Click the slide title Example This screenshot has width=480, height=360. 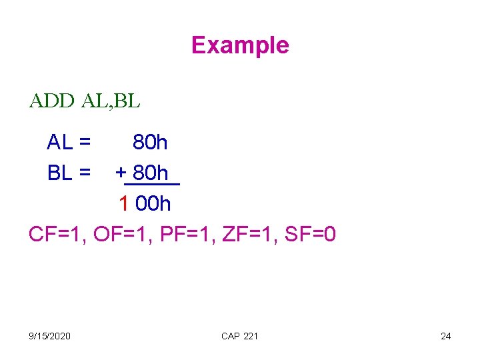click(x=240, y=45)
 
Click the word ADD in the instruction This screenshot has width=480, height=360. click(x=52, y=101)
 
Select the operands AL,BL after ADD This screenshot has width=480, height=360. click(x=111, y=101)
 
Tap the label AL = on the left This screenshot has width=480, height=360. click(x=69, y=142)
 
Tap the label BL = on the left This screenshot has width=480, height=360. click(x=69, y=173)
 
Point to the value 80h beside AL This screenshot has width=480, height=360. click(x=150, y=142)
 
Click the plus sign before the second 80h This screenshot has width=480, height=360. click(x=121, y=173)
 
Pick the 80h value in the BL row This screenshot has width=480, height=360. click(x=150, y=173)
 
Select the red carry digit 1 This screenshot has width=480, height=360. click(x=123, y=203)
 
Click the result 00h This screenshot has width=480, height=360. click(x=153, y=203)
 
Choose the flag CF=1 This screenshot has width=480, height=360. click(x=57, y=235)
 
